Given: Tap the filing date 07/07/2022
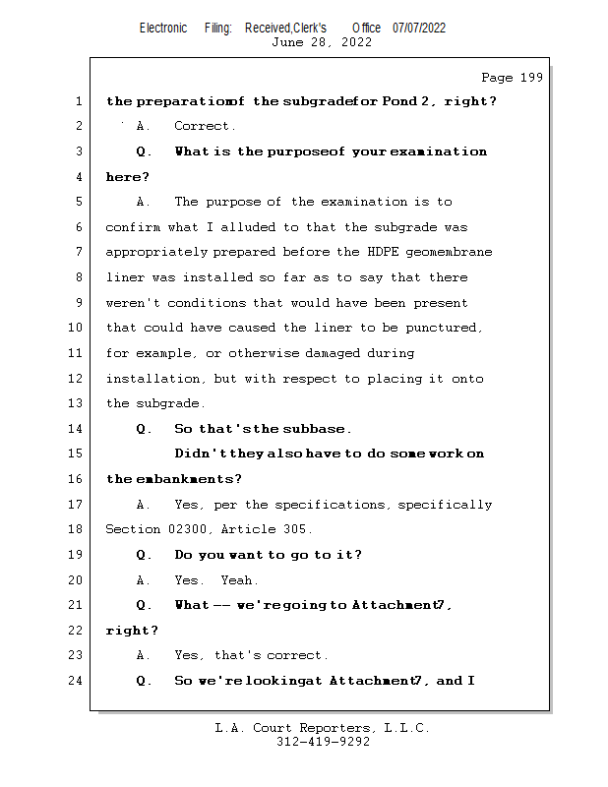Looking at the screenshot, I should tap(419, 28).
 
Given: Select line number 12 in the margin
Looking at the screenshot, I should tap(78, 379).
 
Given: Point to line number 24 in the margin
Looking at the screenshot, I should tap(78, 681).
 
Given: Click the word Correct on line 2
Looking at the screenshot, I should tap(205, 126).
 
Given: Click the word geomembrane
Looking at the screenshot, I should tap(453, 253).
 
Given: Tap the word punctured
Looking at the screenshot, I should tap(445, 329).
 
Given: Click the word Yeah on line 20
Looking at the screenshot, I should tap(239, 580).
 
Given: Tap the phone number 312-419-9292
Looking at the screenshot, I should tap(323, 743).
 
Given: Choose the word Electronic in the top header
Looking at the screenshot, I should tap(162, 28).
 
